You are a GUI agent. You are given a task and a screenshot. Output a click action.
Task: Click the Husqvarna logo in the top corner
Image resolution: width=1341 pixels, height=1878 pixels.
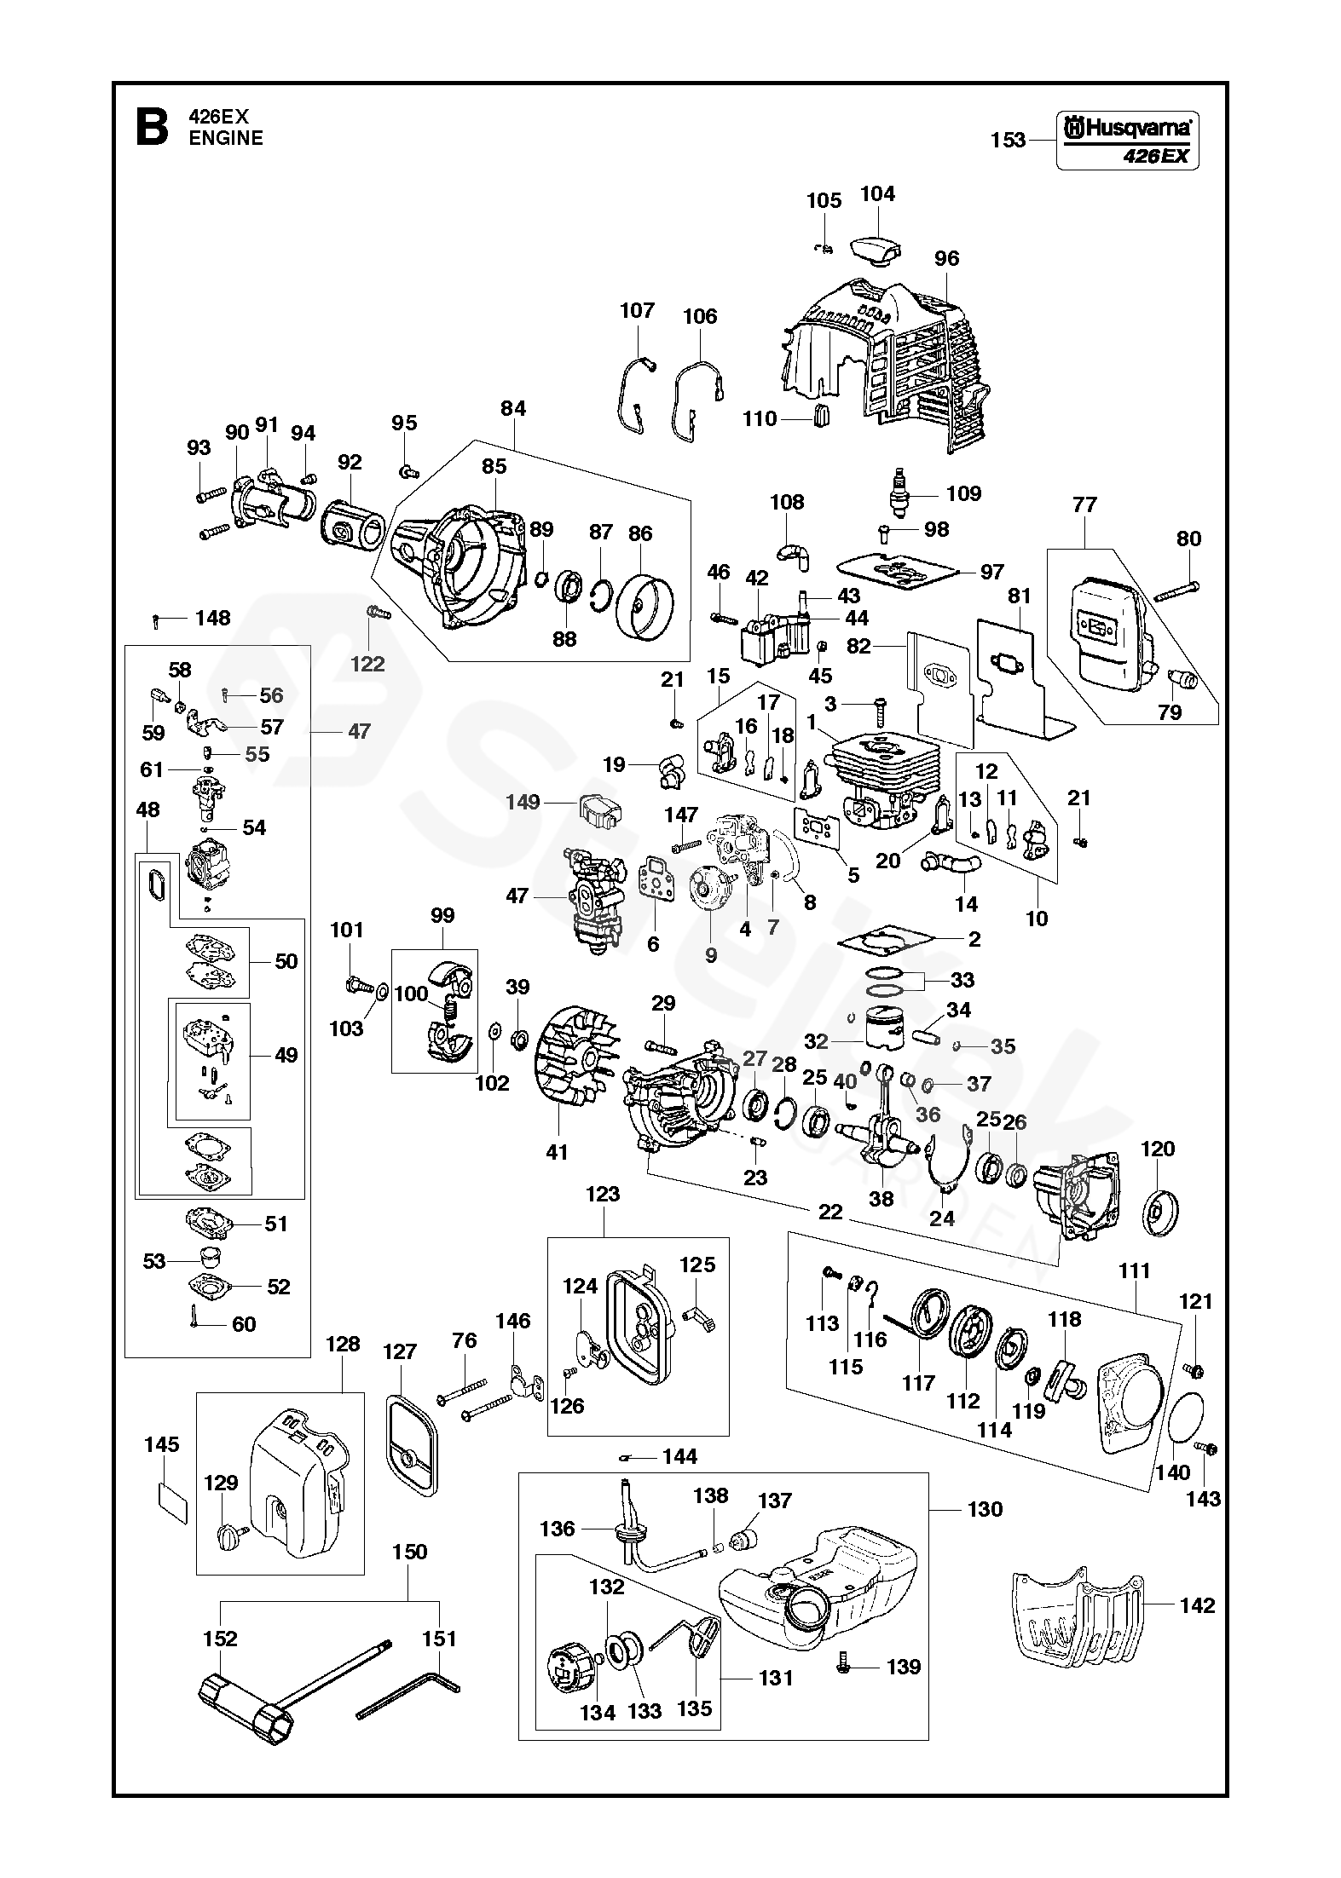[x=1126, y=128]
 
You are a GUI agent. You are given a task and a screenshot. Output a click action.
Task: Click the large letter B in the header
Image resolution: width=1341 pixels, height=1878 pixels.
[x=151, y=127]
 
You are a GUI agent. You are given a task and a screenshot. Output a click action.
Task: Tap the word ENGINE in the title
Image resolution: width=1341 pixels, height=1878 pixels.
[x=226, y=138]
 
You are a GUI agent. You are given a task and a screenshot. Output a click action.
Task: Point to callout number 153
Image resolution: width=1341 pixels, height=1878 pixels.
[x=1008, y=141]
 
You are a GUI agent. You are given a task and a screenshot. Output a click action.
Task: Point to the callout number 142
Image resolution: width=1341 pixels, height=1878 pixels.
[x=1197, y=1605]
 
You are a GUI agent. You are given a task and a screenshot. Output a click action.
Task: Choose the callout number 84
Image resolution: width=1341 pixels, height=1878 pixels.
[x=513, y=408]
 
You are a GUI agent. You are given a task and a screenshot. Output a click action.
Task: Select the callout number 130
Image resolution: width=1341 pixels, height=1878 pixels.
[x=986, y=1509]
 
